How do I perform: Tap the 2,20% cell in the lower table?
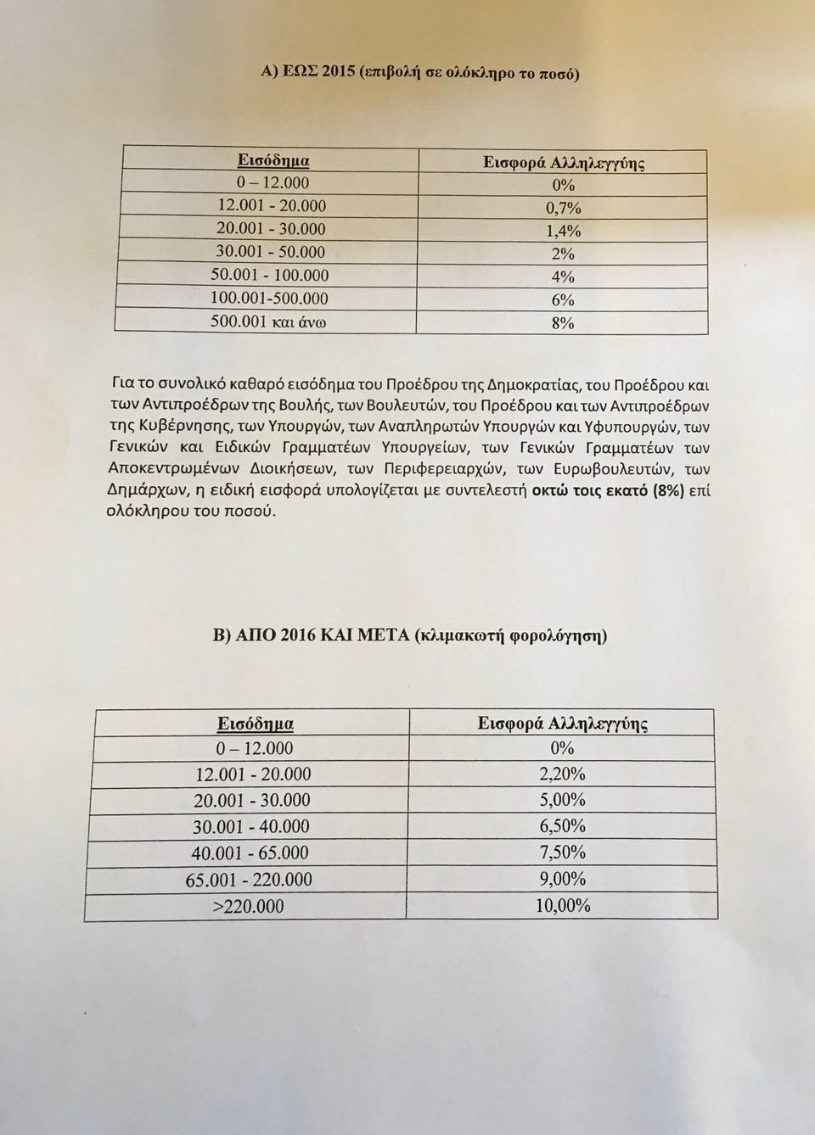(562, 774)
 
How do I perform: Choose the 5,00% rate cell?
(562, 800)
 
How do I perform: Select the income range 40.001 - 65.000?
(254, 853)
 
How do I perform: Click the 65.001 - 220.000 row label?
(254, 880)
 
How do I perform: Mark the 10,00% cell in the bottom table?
(562, 906)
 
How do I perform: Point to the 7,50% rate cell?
(562, 852)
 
